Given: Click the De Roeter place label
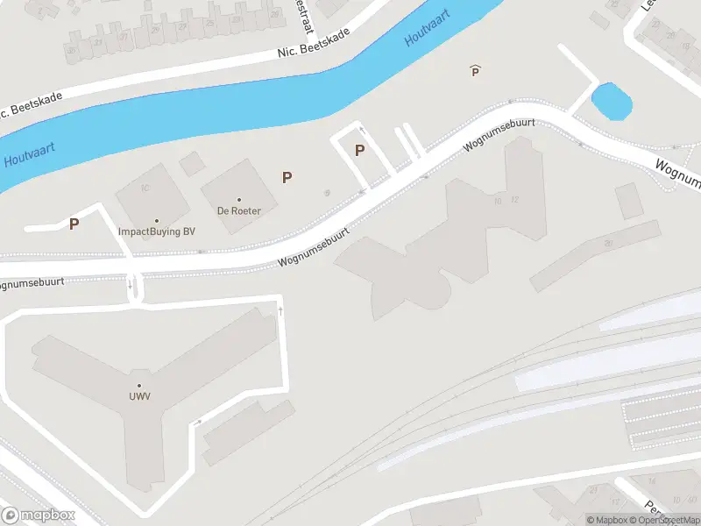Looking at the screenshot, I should pyautogui.click(x=239, y=211).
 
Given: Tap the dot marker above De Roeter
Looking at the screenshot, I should pyautogui.click(x=239, y=200).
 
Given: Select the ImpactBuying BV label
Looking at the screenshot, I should pyautogui.click(x=157, y=232).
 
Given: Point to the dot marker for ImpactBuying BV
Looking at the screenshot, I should pyautogui.click(x=157, y=221).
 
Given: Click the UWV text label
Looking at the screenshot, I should pyautogui.click(x=139, y=397).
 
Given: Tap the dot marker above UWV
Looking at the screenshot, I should pyautogui.click(x=139, y=386).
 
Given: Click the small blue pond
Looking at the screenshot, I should pyautogui.click(x=612, y=102).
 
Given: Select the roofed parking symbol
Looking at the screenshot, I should pyautogui.click(x=476, y=70).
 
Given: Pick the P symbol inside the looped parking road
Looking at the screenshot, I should pyautogui.click(x=359, y=150).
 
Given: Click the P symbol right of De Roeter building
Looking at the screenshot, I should pyautogui.click(x=287, y=177).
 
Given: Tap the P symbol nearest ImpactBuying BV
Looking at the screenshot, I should pyautogui.click(x=74, y=224).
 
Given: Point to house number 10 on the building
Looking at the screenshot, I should pyautogui.click(x=498, y=201).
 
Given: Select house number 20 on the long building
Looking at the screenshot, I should pyautogui.click(x=608, y=243).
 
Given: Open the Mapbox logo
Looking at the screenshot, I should pyautogui.click(x=39, y=515).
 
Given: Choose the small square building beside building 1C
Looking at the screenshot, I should pyautogui.click(x=192, y=163).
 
